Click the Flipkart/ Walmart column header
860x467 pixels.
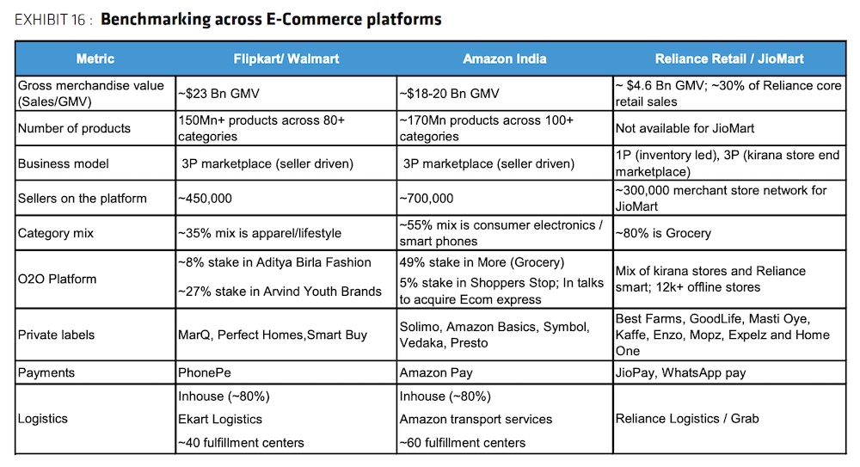286,59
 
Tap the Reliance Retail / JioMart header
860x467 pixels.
729,59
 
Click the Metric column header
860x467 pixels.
95,59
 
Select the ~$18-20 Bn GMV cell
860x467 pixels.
448,93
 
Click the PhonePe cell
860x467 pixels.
203,373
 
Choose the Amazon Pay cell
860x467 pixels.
436,373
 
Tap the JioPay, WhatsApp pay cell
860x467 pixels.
680,373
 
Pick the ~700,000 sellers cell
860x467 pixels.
427,199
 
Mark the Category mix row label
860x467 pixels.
56,233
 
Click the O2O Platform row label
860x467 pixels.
57,279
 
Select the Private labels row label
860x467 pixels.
57,335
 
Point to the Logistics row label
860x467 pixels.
42,419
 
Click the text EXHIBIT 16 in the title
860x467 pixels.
48,19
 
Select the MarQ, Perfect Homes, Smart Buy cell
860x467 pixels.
272,335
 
